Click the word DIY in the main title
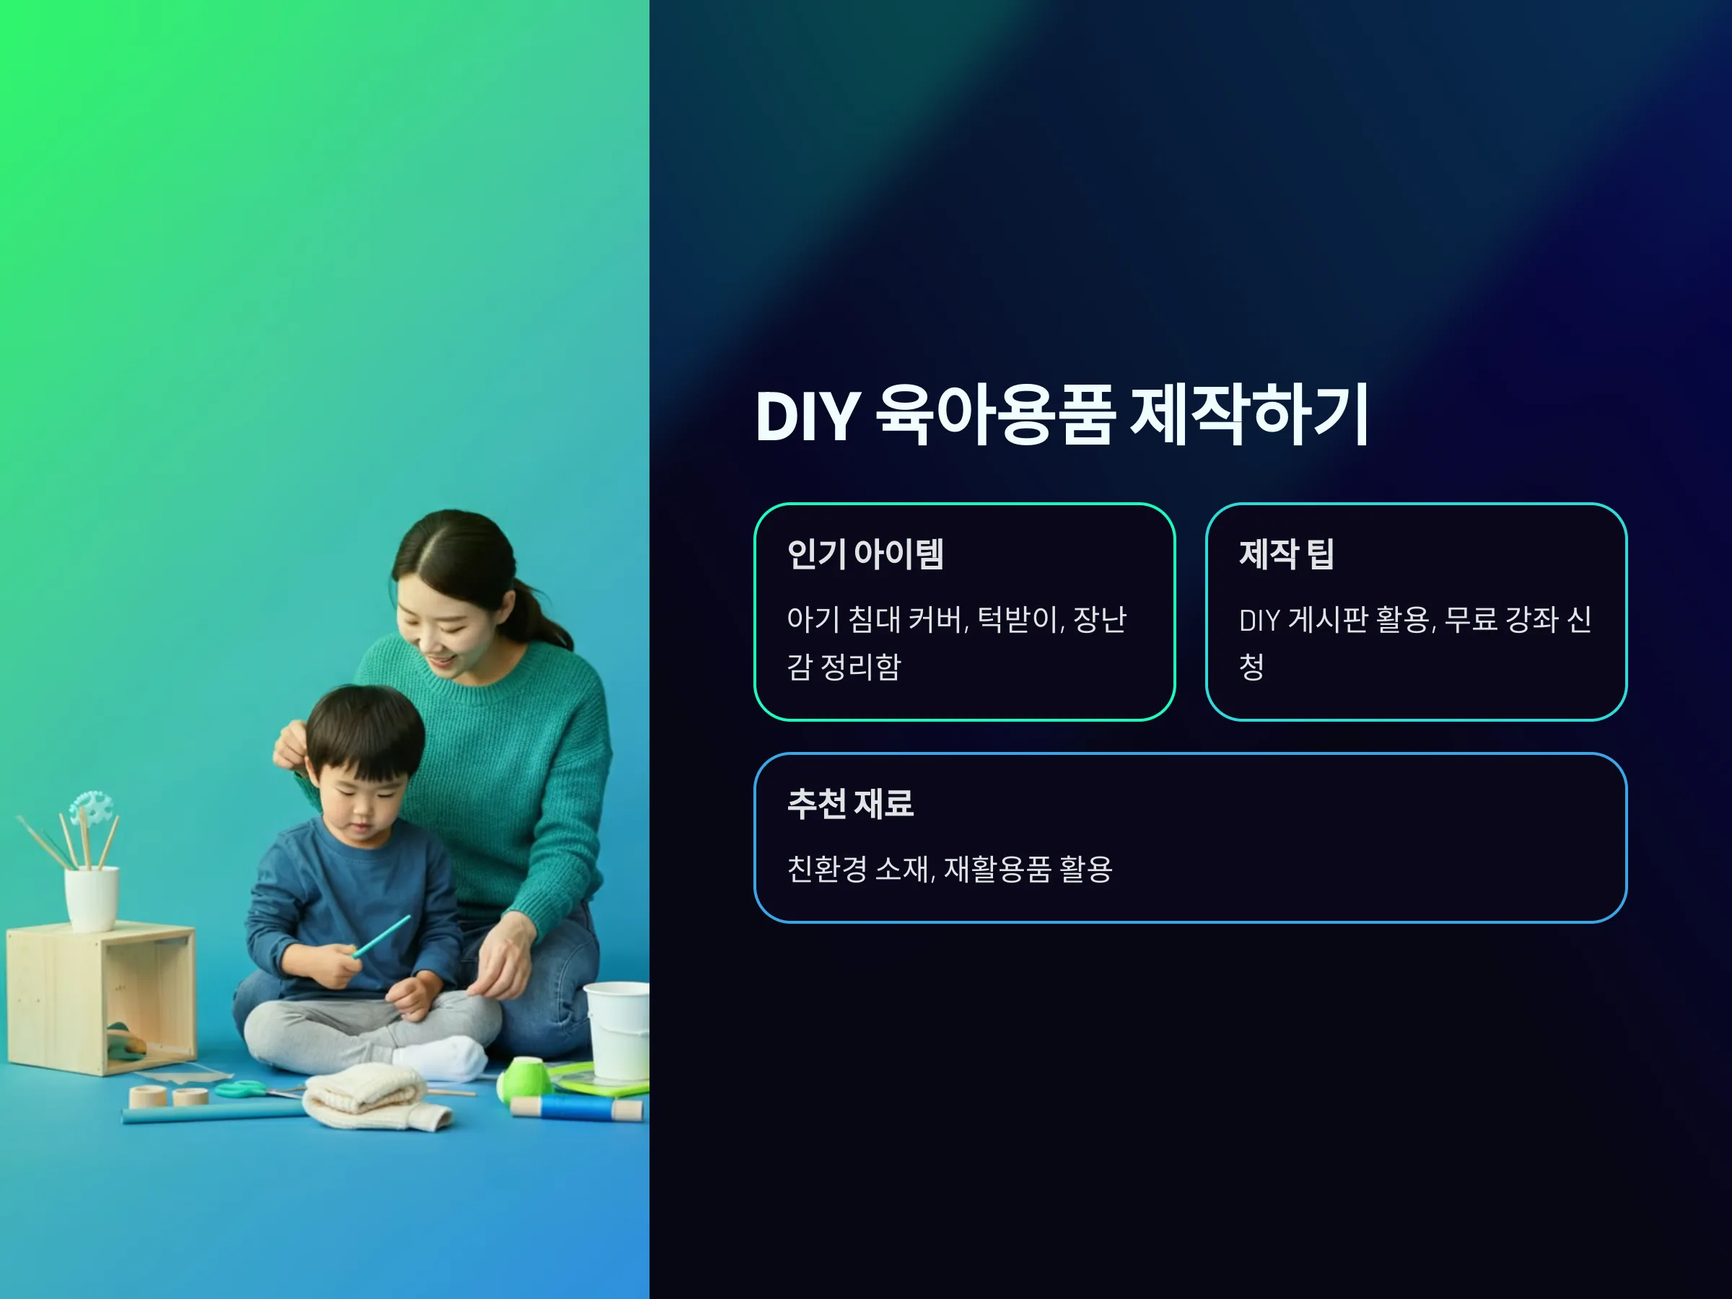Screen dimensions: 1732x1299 coord(808,416)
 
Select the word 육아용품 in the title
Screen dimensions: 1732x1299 coord(994,415)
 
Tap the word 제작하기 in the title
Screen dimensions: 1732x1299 coord(1249,415)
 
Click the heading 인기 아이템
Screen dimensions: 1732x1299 coord(865,554)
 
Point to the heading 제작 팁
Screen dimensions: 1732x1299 coord(1286,554)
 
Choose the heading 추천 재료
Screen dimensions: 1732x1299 coord(850,803)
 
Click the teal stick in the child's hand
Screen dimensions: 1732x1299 coord(381,936)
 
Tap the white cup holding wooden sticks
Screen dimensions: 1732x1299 coord(92,898)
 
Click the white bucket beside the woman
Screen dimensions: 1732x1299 coord(617,1031)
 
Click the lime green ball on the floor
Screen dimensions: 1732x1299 coord(525,1077)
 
